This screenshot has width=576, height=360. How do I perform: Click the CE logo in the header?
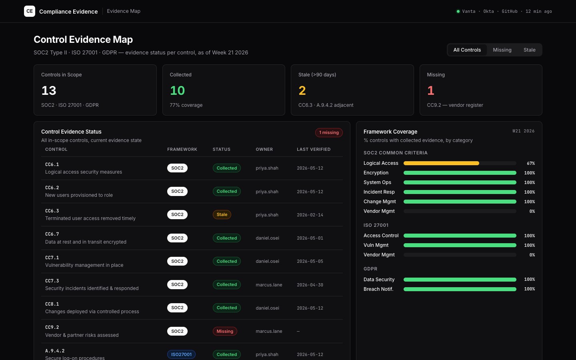[30, 11]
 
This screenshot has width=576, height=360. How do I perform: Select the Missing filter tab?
[502, 50]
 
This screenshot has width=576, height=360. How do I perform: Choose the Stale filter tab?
[530, 50]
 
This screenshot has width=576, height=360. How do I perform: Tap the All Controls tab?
[467, 50]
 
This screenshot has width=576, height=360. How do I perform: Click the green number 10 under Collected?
[178, 90]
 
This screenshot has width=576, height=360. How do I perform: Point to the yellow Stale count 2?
[302, 90]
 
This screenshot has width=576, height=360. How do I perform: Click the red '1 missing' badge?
[329, 132]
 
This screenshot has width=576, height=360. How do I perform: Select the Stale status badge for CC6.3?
[222, 214]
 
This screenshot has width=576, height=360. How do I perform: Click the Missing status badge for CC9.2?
[225, 331]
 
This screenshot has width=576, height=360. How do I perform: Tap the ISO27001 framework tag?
[181, 354]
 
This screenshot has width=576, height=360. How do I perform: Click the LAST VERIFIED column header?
[314, 150]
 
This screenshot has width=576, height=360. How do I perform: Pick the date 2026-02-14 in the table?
[310, 215]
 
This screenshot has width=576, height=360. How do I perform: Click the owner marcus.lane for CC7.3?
[269, 285]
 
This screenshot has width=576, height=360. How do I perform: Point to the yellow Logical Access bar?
[441, 163]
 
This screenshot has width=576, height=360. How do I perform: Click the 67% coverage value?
[531, 163]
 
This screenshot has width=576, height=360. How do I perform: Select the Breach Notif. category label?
[378, 289]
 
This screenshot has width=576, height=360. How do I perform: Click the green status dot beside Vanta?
[458, 11]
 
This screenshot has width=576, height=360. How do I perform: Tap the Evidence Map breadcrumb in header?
[124, 11]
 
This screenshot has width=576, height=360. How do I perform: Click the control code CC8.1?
[52, 304]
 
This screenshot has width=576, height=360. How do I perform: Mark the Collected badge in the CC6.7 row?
[226, 238]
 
